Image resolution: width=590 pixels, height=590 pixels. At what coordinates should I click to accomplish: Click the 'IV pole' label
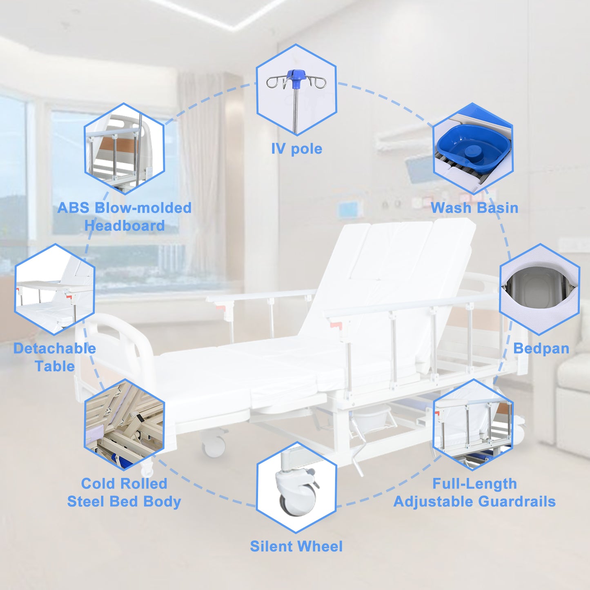[297, 149]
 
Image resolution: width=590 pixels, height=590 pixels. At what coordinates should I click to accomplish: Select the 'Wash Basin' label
[474, 208]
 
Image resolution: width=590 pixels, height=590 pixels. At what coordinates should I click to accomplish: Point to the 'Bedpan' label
[541, 348]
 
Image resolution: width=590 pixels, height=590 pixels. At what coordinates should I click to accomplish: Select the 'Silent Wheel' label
[296, 546]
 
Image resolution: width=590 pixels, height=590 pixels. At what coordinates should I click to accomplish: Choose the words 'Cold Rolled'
[124, 484]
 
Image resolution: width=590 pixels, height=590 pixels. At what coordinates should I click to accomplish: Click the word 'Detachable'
[55, 348]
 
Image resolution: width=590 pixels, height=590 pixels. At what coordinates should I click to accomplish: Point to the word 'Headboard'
[125, 226]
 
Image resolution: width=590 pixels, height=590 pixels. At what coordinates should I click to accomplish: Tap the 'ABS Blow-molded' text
[124, 208]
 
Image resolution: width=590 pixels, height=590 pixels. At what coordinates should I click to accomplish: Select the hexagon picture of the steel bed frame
[124, 424]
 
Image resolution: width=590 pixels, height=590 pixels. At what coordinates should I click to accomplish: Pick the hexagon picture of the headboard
[124, 149]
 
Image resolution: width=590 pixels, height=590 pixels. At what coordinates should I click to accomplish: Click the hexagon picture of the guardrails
[473, 424]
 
